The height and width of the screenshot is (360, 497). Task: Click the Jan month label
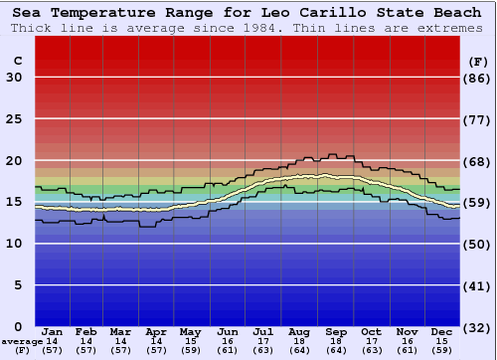[x=54, y=331]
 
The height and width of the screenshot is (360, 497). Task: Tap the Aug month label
[x=299, y=331]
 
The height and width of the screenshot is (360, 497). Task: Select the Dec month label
[x=442, y=331]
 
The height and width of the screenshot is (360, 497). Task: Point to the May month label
[x=191, y=331]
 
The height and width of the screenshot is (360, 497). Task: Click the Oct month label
[x=371, y=331]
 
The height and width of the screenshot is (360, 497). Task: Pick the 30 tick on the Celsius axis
[x=14, y=78]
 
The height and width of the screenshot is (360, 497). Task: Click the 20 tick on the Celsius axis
[x=14, y=160]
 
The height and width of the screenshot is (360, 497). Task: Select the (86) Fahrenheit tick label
[x=477, y=78]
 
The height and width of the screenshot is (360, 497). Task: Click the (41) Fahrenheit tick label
[x=477, y=284]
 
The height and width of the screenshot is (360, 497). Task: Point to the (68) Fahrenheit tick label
[x=477, y=160]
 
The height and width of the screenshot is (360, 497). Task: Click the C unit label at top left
[x=17, y=61]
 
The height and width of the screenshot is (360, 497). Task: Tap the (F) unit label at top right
[x=476, y=61]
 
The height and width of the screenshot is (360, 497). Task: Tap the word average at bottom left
[x=22, y=341]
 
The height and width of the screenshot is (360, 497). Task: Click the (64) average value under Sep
[x=335, y=350]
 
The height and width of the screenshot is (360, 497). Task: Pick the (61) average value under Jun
[x=228, y=350]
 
